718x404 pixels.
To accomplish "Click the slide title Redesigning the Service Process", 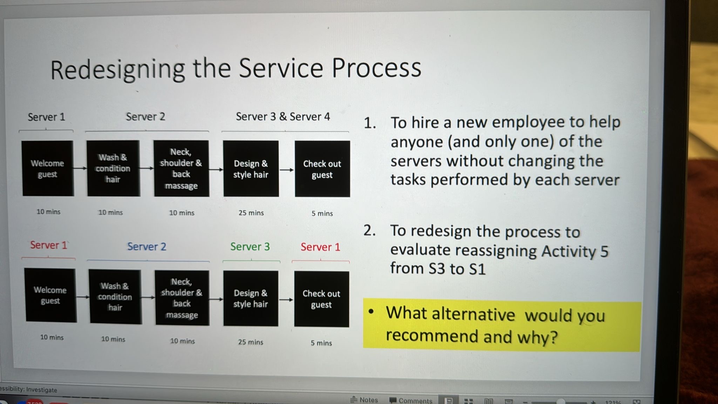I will (x=236, y=69).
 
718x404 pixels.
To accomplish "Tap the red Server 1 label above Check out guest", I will (x=320, y=247).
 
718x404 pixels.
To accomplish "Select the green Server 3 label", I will (x=250, y=247).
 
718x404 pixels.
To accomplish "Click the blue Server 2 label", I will (x=147, y=247).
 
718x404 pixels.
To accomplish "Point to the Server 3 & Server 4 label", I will (x=283, y=116).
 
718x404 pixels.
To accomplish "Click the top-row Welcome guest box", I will (x=48, y=168).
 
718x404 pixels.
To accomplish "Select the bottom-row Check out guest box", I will (x=321, y=299).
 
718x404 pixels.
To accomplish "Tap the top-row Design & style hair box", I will (x=251, y=169).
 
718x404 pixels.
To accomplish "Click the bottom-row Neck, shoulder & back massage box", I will (x=182, y=298).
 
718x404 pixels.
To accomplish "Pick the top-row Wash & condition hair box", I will (x=113, y=168).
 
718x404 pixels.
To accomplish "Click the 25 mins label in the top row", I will (x=251, y=213).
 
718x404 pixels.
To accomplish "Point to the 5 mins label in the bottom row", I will (x=321, y=343).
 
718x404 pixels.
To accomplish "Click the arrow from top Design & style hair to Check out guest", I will (x=287, y=170).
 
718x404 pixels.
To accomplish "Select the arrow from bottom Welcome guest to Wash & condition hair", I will (x=83, y=297).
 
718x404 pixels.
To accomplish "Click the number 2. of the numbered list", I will (x=370, y=231).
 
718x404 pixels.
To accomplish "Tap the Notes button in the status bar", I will (x=364, y=400).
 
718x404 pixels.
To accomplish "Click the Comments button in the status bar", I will (x=411, y=400).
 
